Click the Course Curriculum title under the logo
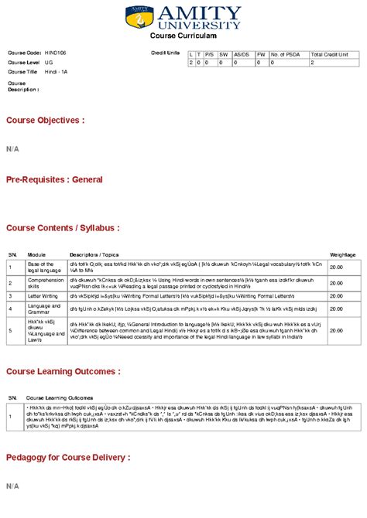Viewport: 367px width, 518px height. (183, 36)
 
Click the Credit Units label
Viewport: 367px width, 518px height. (165, 53)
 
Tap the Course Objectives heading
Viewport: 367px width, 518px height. (45, 121)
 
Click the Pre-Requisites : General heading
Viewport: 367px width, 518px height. (54, 179)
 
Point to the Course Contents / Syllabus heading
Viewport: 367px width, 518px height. (63, 228)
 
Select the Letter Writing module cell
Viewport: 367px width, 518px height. (43, 295)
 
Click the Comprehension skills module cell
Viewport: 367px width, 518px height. (46, 283)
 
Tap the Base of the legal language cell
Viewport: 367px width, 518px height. (43, 267)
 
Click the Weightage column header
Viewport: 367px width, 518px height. (343, 254)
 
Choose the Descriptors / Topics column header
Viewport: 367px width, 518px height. (94, 254)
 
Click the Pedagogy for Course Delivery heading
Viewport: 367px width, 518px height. (68, 458)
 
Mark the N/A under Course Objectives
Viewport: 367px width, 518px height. (12, 147)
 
